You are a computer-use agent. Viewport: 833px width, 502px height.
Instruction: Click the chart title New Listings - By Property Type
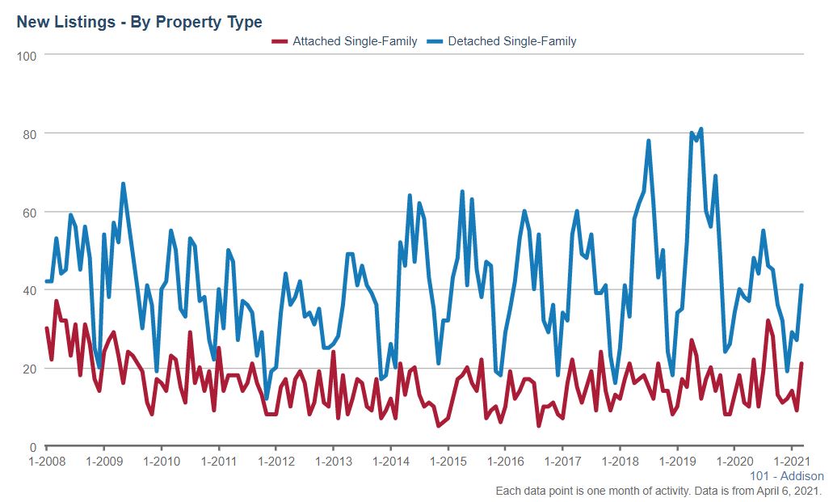tap(139, 22)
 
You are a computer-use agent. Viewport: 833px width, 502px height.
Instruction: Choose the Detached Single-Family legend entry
tap(511, 40)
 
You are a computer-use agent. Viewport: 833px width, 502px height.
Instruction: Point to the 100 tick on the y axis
tap(29, 55)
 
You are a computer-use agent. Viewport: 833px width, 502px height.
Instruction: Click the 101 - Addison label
tap(787, 476)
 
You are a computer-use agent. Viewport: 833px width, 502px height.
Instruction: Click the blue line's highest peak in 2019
tap(700, 129)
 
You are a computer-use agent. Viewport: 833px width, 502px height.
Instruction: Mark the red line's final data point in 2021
tap(801, 364)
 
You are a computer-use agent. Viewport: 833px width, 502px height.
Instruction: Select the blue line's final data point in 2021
tap(801, 285)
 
